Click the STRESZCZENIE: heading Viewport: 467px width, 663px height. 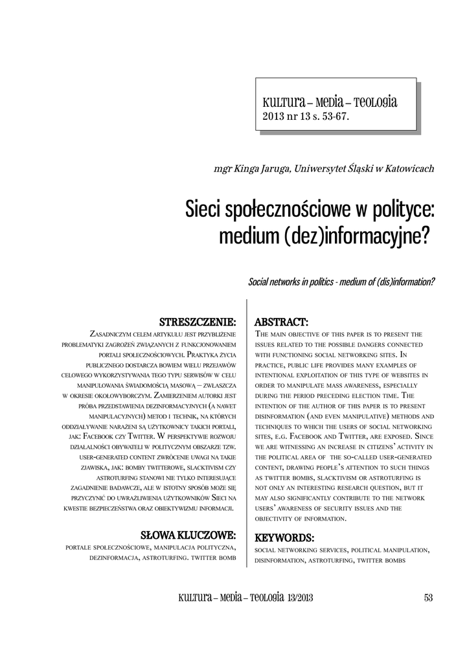pos(198,322)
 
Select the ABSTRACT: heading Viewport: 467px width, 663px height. pos(281,322)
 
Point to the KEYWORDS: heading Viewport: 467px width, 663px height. pos(284,537)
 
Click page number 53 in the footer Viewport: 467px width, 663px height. pos(427,598)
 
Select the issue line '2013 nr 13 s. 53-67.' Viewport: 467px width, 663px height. pos(305,117)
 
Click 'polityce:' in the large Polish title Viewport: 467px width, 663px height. pos(402,210)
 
